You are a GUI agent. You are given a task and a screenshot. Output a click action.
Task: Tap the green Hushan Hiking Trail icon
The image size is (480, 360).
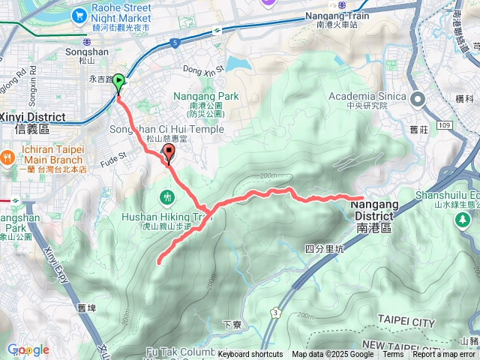(x=166, y=196)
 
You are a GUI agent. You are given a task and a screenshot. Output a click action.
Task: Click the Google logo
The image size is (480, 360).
(x=28, y=349)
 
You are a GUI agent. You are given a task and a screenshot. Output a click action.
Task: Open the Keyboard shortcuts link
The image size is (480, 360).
(x=250, y=355)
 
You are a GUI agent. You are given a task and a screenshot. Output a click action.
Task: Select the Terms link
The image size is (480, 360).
(x=393, y=355)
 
